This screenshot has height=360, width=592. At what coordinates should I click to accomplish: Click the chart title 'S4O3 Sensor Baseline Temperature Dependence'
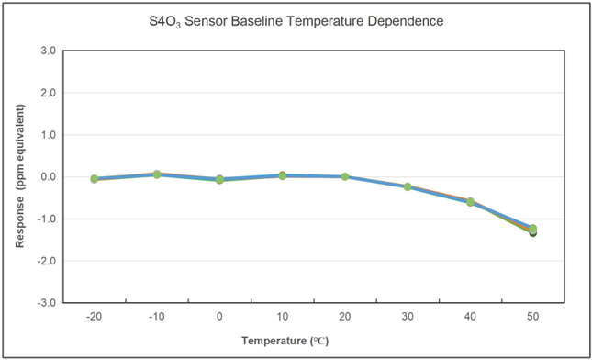296,19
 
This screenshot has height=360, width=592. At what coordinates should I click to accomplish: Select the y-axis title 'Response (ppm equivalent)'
19,175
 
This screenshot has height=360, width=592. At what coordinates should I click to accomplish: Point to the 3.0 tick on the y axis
48,51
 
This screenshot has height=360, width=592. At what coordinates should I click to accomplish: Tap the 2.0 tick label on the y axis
48,93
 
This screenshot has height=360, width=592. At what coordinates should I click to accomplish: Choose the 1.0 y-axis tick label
48,135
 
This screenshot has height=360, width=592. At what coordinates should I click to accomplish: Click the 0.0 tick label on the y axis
48,176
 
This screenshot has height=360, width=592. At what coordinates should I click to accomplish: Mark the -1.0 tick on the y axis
46,219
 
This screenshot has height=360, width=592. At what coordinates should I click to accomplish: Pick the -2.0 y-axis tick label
46,261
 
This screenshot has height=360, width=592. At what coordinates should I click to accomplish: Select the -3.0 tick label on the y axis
46,303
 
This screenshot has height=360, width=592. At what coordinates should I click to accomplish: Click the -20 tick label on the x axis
94,317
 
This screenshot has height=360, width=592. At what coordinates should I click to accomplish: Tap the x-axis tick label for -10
156,317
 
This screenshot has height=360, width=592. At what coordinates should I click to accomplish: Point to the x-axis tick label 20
344,317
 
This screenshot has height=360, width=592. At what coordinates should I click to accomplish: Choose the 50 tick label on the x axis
532,317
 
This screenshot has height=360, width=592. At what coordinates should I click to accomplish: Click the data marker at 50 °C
532,230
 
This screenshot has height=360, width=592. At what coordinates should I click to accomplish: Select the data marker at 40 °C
470,201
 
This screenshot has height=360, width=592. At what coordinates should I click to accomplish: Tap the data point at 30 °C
408,186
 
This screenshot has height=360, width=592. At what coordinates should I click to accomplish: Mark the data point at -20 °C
94,178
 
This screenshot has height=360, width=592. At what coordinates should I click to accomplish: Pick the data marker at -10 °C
157,174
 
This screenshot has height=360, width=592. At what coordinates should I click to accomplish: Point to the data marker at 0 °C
219,179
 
